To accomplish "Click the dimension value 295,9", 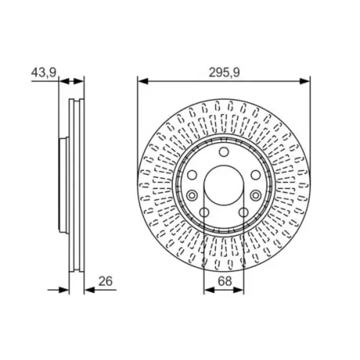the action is (224, 73).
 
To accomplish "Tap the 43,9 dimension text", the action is (44, 73).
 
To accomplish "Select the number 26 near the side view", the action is (106, 281).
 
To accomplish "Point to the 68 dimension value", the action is (225, 281).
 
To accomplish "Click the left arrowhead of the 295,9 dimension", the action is (143, 81).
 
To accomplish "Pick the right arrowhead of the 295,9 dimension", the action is (305, 81).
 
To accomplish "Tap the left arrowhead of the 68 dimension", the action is (209, 290).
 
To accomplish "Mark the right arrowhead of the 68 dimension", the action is (239, 290).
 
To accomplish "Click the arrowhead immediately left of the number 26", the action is (89, 290).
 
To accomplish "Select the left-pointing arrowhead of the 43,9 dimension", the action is (64, 81).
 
